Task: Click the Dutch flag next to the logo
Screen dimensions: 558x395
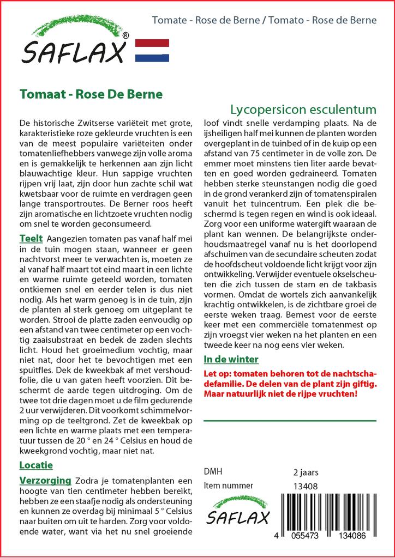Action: click(152, 50)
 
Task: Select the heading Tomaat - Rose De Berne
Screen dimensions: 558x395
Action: click(91, 94)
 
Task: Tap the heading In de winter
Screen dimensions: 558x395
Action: click(231, 359)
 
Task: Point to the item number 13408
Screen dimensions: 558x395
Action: click(306, 486)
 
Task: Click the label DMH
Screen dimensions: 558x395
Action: click(213, 471)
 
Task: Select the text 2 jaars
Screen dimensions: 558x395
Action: click(306, 472)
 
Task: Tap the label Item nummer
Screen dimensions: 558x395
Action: click(228, 486)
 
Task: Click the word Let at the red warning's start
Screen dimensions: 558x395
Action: click(210, 373)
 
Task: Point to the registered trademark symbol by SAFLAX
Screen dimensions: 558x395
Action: click(125, 36)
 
